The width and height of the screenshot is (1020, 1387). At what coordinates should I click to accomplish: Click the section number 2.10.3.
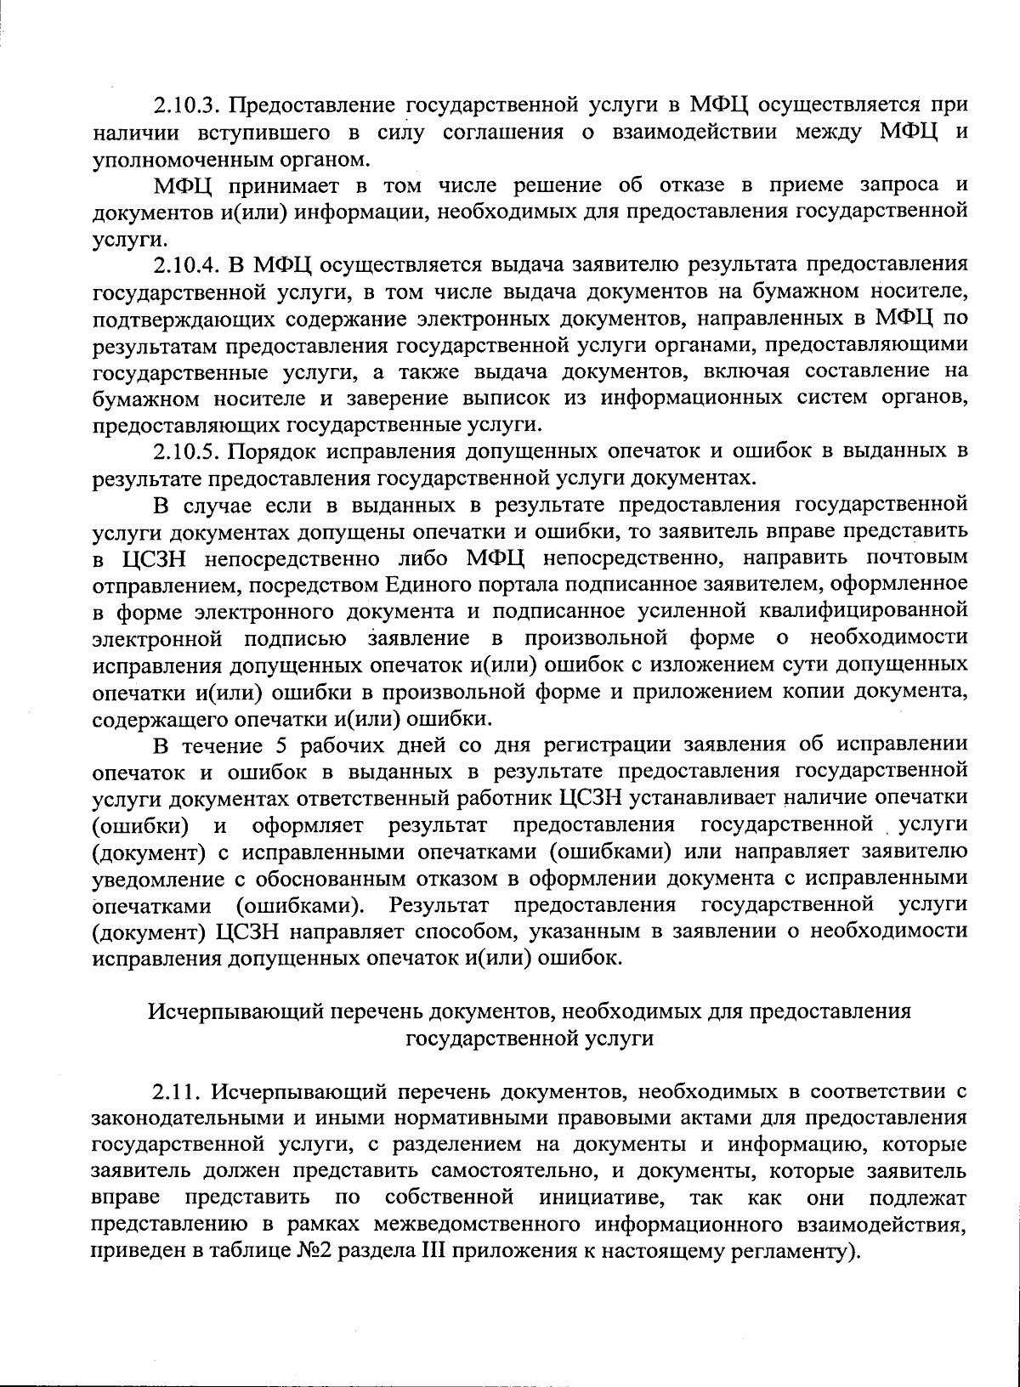[x=188, y=105]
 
